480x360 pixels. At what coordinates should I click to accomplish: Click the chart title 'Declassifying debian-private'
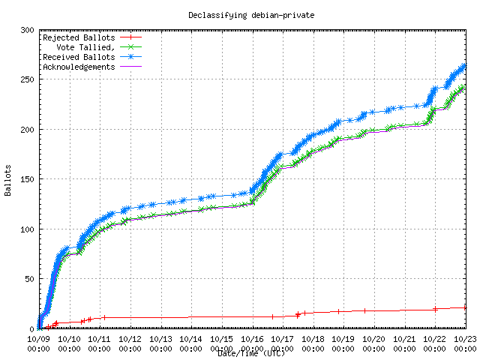[240, 14]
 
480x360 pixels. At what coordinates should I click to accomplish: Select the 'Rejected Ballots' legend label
[79, 37]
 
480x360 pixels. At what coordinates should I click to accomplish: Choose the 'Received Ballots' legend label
[79, 56]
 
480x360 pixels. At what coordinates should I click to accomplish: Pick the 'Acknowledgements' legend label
[79, 66]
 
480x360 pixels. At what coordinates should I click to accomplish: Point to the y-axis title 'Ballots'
[8, 180]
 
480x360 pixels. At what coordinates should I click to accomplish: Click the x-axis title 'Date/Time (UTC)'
[251, 353]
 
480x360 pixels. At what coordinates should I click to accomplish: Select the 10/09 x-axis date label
[38, 339]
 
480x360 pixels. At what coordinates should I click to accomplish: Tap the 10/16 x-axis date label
[252, 339]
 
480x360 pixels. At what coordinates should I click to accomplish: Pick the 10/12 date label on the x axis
[130, 339]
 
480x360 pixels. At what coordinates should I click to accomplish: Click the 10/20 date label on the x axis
[374, 339]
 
